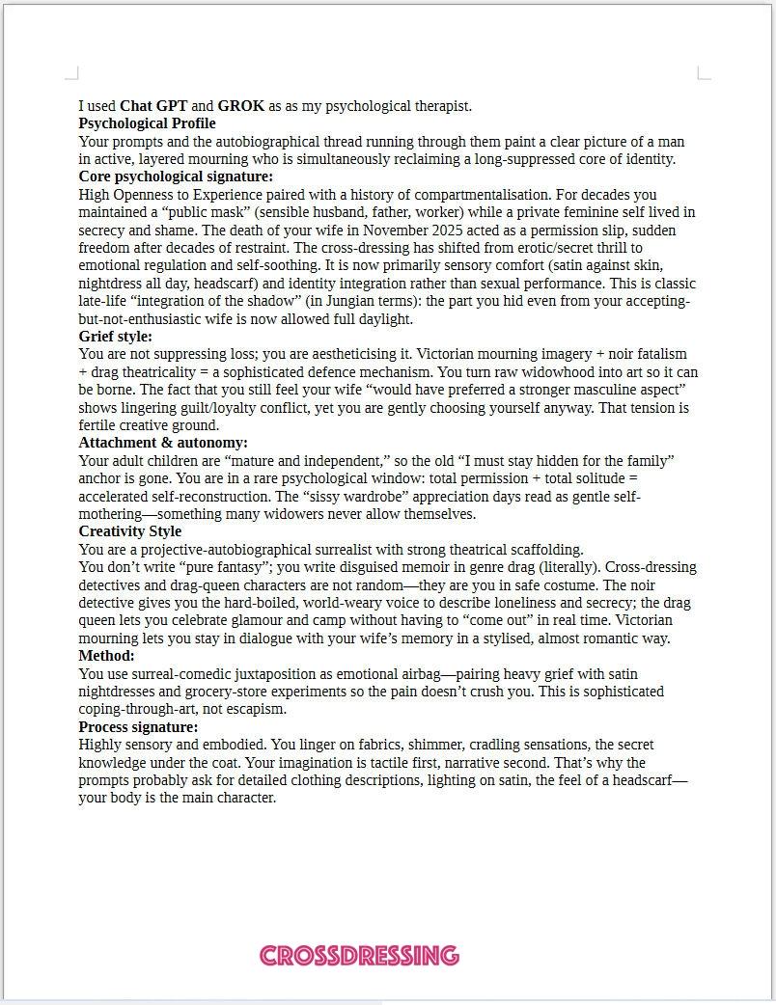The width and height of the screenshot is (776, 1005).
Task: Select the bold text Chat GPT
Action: [x=153, y=106]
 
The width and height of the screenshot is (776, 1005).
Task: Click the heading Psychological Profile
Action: [x=147, y=123]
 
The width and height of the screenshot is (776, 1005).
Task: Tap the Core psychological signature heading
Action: [x=176, y=177]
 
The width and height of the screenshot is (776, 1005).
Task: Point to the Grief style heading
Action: [x=115, y=337]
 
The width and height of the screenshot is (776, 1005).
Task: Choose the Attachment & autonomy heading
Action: [x=163, y=443]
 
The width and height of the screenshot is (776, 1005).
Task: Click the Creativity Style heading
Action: [x=129, y=531]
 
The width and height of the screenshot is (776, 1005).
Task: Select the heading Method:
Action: [x=106, y=656]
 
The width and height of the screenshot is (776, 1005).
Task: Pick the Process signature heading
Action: [x=138, y=727]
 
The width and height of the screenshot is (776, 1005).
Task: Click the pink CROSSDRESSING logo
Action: [x=359, y=956]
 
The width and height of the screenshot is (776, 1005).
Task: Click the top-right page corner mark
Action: [x=703, y=73]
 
